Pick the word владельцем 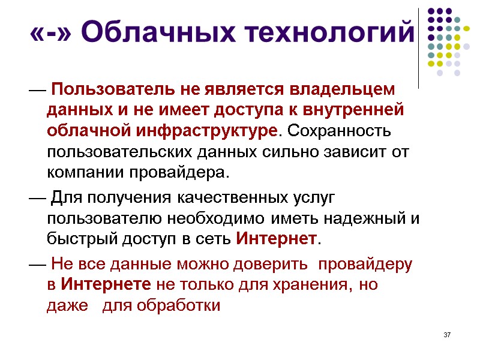(x=343, y=90)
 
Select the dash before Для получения (x=35, y=197)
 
